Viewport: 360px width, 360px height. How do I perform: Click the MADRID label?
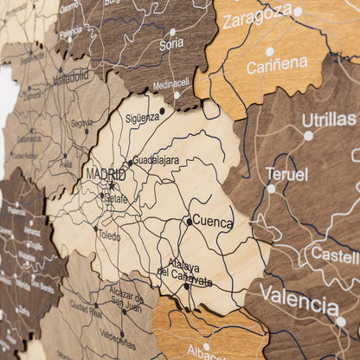click(106, 175)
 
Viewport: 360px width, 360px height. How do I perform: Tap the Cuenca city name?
click(212, 222)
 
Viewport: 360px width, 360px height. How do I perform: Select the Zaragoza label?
click(256, 15)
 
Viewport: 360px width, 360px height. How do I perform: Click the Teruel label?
click(286, 174)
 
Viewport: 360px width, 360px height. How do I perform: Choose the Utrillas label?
click(329, 119)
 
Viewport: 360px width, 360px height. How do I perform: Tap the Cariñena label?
click(276, 66)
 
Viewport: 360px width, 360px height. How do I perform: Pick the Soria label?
click(171, 43)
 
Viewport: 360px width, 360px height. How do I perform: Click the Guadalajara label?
click(157, 160)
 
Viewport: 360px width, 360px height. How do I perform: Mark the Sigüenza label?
click(142, 118)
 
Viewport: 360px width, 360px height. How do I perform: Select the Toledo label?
click(110, 235)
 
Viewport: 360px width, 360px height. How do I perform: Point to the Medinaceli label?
click(170, 85)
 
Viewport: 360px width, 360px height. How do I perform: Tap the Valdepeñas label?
click(117, 333)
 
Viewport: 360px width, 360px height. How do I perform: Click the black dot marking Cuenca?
click(189, 222)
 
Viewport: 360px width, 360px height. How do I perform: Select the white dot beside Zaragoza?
click(298, 11)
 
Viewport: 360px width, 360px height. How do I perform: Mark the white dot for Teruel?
click(271, 188)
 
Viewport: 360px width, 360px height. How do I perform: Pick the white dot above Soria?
click(172, 32)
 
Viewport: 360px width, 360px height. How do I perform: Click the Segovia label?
click(81, 123)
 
